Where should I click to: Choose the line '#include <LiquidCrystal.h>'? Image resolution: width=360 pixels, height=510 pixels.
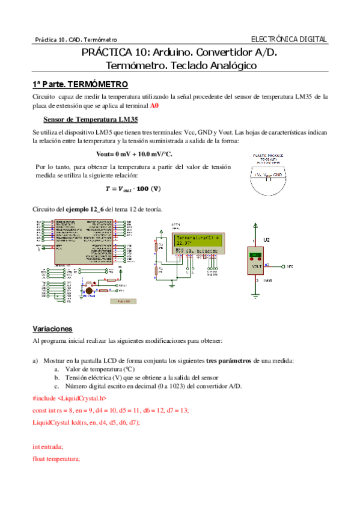69,399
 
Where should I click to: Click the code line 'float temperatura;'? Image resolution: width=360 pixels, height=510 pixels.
56,459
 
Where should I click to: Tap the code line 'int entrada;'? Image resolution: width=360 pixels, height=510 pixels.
47,447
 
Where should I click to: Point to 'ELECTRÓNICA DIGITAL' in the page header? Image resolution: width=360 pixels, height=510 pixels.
288,39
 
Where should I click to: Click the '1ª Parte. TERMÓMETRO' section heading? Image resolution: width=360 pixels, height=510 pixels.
79,84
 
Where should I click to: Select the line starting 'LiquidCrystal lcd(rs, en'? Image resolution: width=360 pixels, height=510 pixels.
86,422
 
